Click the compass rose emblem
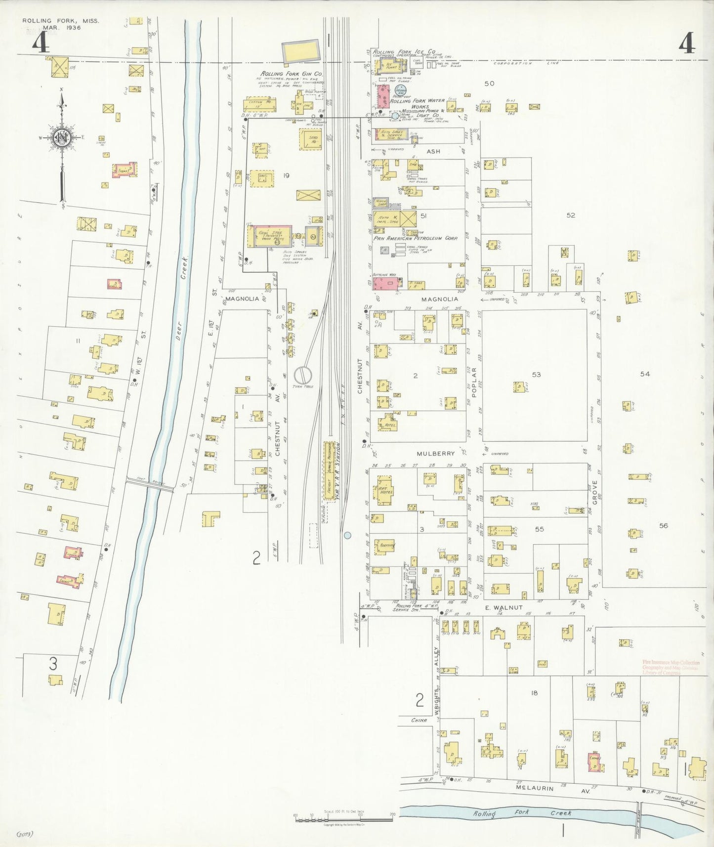coord(62,138)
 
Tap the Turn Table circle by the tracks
coord(302,375)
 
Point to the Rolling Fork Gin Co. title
coord(292,74)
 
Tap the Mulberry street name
coord(435,453)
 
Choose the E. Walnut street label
coord(504,608)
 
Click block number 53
coord(536,375)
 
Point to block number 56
coord(663,526)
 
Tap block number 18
coord(534,693)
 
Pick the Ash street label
coord(433,151)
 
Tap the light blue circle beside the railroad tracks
coord(347,535)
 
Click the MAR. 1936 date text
coord(62,28)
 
